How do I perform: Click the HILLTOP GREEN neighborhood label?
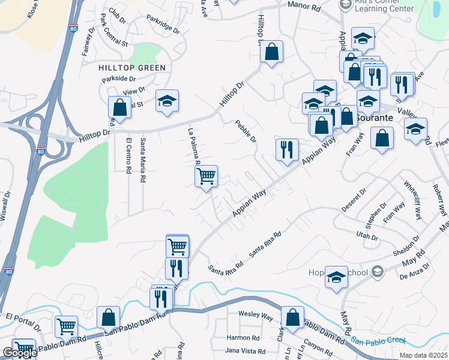point(132,68)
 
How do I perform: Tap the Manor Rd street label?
point(304,5)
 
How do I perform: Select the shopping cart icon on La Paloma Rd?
point(206,176)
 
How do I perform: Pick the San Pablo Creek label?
point(378,340)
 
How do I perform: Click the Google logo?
point(19,353)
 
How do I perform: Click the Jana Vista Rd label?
point(244,350)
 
